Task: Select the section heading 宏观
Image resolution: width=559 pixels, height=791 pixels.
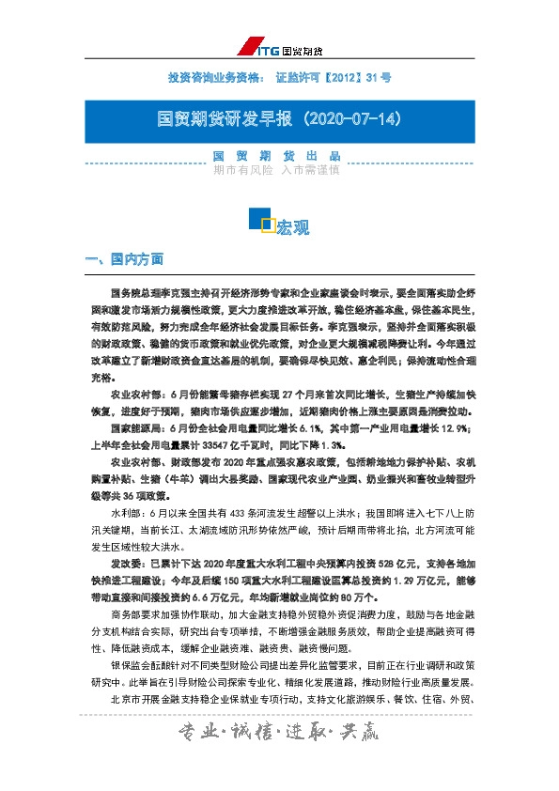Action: (292, 226)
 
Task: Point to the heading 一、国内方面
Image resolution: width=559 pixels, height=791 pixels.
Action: (124, 259)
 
